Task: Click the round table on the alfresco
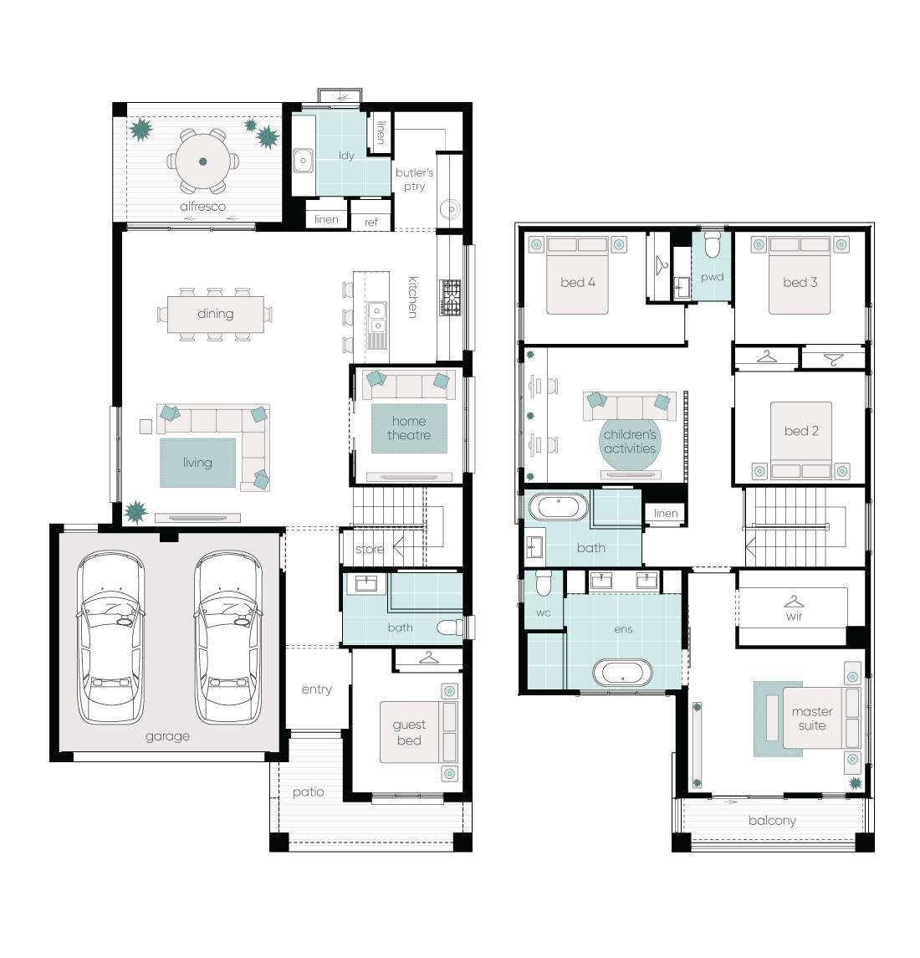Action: [x=202, y=161]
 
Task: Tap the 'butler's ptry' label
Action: [x=414, y=179]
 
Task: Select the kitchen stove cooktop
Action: [x=452, y=298]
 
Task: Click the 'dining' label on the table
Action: [x=215, y=314]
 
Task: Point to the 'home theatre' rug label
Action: [x=409, y=428]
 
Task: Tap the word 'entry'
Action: [x=316, y=689]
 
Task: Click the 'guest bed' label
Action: [x=409, y=733]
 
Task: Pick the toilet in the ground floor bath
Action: [x=449, y=628]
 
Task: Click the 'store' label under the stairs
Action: [x=370, y=550]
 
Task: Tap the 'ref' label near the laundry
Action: [x=371, y=223]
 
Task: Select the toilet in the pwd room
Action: [x=713, y=246]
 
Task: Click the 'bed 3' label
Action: [x=800, y=282]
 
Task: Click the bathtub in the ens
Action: [x=622, y=673]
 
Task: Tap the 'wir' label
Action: [x=794, y=616]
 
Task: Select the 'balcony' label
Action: [x=772, y=821]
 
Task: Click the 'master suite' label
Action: [x=812, y=719]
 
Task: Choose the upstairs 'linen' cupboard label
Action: [x=666, y=514]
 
